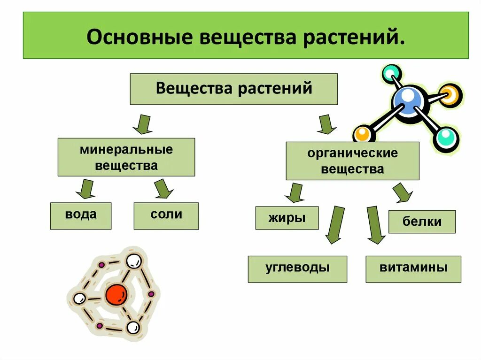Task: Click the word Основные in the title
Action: click(x=139, y=37)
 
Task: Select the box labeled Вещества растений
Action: click(x=233, y=89)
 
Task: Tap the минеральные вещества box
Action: click(x=126, y=157)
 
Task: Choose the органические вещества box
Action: click(x=352, y=161)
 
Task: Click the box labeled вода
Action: click(x=81, y=215)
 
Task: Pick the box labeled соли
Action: click(x=166, y=215)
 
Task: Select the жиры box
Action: click(x=287, y=218)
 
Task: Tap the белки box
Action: click(x=422, y=222)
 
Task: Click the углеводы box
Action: click(x=297, y=268)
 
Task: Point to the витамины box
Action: click(x=413, y=268)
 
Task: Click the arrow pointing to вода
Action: click(x=85, y=189)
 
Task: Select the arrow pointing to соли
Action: click(x=163, y=189)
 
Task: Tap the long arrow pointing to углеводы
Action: click(x=335, y=225)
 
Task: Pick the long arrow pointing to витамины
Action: click(x=375, y=225)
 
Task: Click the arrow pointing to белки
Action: click(x=402, y=193)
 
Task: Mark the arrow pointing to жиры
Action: click(x=295, y=193)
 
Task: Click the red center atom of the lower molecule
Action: click(x=116, y=294)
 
